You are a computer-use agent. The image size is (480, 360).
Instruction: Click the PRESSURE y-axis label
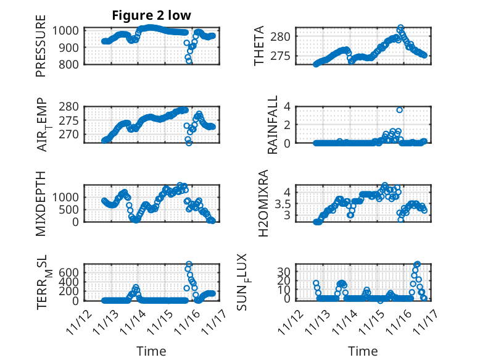pos(41,50)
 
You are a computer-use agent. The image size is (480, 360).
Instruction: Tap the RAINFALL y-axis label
pos(272,125)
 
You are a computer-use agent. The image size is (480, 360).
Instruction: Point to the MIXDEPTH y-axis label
pos(41,202)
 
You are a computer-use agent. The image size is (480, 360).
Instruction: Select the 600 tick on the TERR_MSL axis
pos(68,272)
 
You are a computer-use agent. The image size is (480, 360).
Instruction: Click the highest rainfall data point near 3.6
pos(400,110)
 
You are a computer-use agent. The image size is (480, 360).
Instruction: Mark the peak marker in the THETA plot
pos(400,28)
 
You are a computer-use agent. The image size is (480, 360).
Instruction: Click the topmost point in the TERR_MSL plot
pos(189,264)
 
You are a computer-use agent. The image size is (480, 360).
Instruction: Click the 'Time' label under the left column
pos(151,351)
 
